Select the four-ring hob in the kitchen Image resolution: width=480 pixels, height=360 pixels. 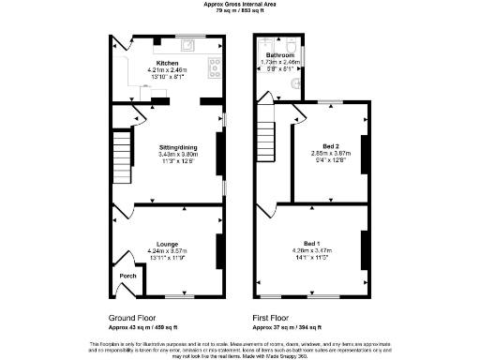pyautogui.click(x=215, y=67)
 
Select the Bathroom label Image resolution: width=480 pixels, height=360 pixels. pyautogui.click(x=278, y=55)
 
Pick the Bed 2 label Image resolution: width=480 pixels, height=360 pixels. pyautogui.click(x=330, y=146)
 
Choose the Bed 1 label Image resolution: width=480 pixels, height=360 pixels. pyautogui.click(x=325, y=243)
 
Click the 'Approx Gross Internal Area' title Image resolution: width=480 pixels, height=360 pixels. pyautogui.click(x=239, y=4)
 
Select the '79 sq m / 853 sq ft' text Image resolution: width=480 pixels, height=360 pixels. pyautogui.click(x=239, y=10)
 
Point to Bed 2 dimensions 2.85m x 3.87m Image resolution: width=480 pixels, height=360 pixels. pyautogui.click(x=330, y=154)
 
